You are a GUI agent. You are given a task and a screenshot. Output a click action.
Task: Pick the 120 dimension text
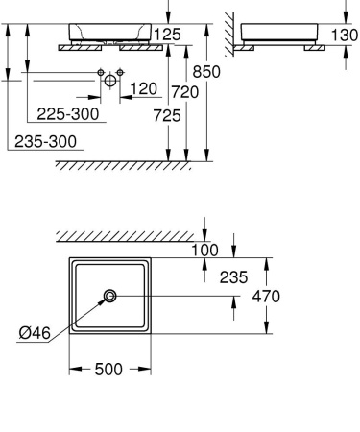(x=143, y=89)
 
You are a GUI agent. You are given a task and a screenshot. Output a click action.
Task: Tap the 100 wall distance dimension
(x=205, y=250)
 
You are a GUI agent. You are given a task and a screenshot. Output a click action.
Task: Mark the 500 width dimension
(x=110, y=370)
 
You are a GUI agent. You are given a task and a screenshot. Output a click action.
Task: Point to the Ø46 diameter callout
(x=36, y=333)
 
